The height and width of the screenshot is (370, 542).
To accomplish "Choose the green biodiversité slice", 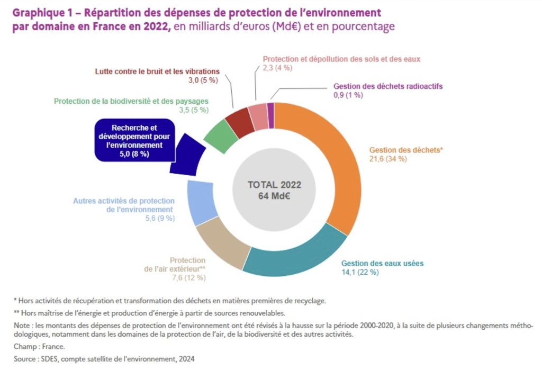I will (221, 136).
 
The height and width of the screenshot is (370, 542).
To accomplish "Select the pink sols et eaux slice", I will (258, 116).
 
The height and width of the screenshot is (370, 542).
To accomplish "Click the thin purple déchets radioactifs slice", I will (270, 109).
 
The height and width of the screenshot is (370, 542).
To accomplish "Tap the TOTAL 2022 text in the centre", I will (274, 185).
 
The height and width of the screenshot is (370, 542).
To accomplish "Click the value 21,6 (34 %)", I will (388, 159).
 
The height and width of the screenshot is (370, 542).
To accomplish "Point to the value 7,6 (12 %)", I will (189, 277).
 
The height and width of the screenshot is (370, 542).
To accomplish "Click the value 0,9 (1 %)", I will (348, 95).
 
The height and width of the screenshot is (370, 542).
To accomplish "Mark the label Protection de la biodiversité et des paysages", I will (131, 101).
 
